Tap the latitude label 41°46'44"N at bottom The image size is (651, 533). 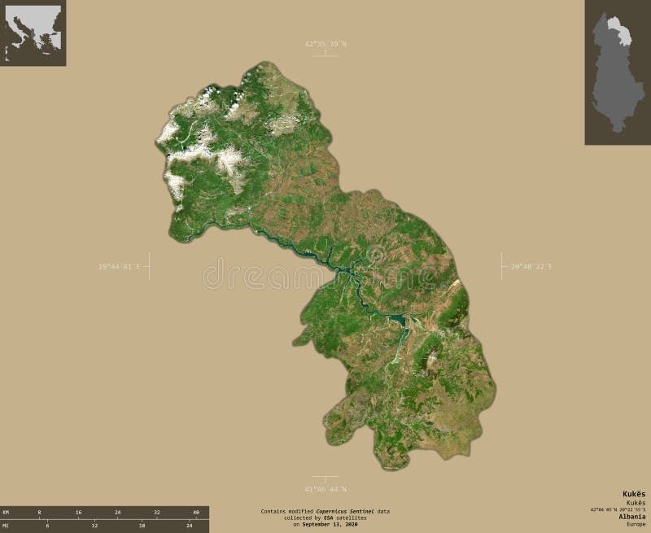click(x=325, y=488)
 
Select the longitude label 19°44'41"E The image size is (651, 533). click(x=120, y=265)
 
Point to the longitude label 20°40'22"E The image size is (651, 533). click(x=531, y=265)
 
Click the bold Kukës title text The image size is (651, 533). click(x=634, y=495)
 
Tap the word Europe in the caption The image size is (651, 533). click(x=636, y=524)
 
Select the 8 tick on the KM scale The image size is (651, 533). click(x=38, y=512)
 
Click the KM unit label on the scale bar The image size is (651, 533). click(x=6, y=512)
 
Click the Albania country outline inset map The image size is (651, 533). click(x=617, y=72)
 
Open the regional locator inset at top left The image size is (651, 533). click(x=33, y=33)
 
